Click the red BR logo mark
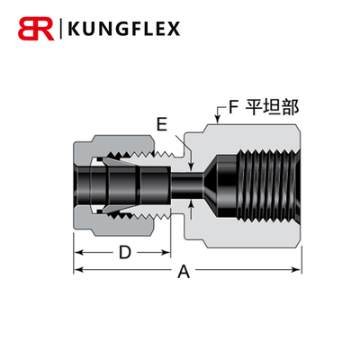[35, 30]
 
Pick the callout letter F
[233, 106]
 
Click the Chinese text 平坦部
[273, 106]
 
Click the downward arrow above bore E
[192, 163]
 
